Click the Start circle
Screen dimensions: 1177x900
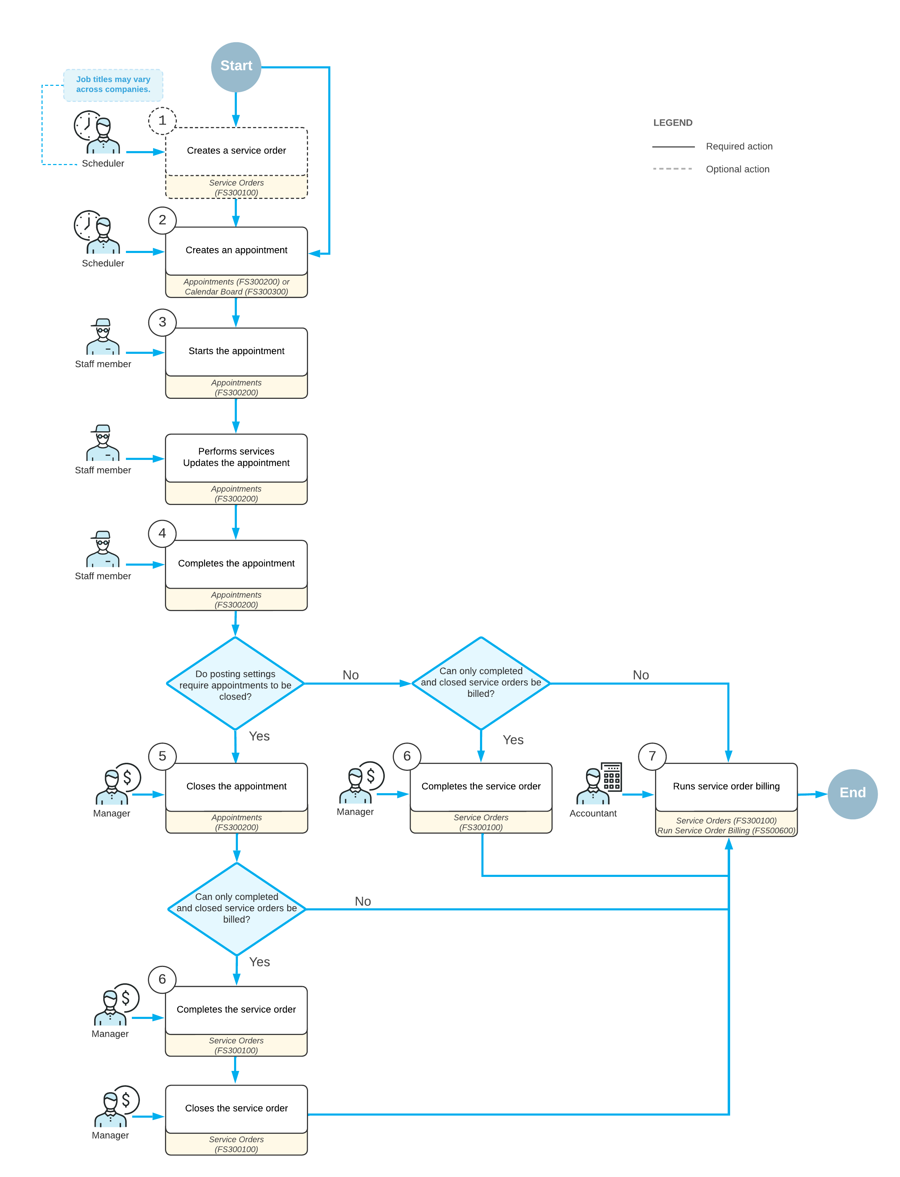[236, 66]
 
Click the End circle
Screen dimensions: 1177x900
[852, 794]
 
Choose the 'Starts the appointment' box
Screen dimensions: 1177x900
[236, 351]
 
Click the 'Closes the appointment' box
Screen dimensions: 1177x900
[236, 787]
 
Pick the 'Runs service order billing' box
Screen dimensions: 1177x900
[726, 787]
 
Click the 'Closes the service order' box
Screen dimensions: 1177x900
[236, 1108]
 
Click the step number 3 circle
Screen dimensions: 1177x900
[162, 322]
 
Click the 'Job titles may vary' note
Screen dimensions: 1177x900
[113, 85]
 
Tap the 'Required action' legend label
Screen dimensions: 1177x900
[739, 146]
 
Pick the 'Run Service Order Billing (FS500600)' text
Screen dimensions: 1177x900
[726, 831]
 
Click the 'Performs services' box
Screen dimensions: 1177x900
[236, 457]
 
